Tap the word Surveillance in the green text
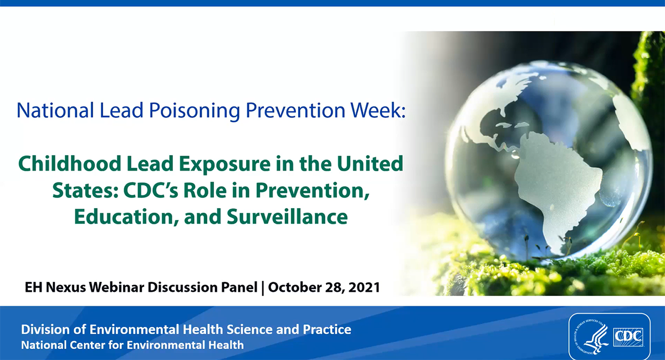(287, 217)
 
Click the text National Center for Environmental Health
(132, 345)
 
